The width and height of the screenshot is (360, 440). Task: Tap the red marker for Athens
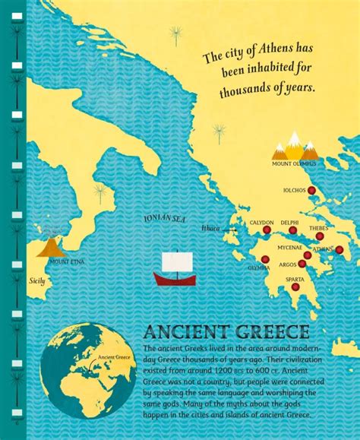point(339,249)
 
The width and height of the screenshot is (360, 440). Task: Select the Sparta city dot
point(295,287)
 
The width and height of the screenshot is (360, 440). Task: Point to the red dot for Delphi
point(292,230)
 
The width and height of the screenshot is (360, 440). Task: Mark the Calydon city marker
point(267,230)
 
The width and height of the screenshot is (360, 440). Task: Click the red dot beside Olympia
point(265,259)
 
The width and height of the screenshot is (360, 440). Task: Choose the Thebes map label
point(318,228)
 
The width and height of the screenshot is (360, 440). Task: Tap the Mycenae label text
point(289,247)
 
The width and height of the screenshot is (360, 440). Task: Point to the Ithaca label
point(210,228)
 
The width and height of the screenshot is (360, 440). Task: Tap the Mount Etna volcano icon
point(50,245)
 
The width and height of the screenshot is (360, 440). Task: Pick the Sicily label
point(37,280)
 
